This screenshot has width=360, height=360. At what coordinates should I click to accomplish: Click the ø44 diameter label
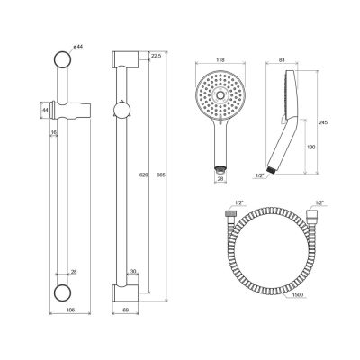(x=77, y=47)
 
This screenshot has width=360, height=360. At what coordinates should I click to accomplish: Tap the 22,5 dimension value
(x=157, y=56)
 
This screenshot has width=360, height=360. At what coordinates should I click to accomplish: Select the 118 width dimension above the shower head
(x=220, y=60)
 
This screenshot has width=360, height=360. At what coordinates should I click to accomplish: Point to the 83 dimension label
(x=282, y=60)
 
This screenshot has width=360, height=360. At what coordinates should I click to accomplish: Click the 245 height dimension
(x=323, y=122)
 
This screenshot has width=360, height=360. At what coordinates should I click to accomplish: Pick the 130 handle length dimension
(x=311, y=147)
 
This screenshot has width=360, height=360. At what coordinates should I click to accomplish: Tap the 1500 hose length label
(x=298, y=295)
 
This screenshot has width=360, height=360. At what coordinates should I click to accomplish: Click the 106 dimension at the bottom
(x=70, y=310)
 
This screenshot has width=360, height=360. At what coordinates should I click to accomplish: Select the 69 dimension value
(x=126, y=310)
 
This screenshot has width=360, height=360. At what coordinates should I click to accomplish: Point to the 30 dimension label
(x=133, y=272)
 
